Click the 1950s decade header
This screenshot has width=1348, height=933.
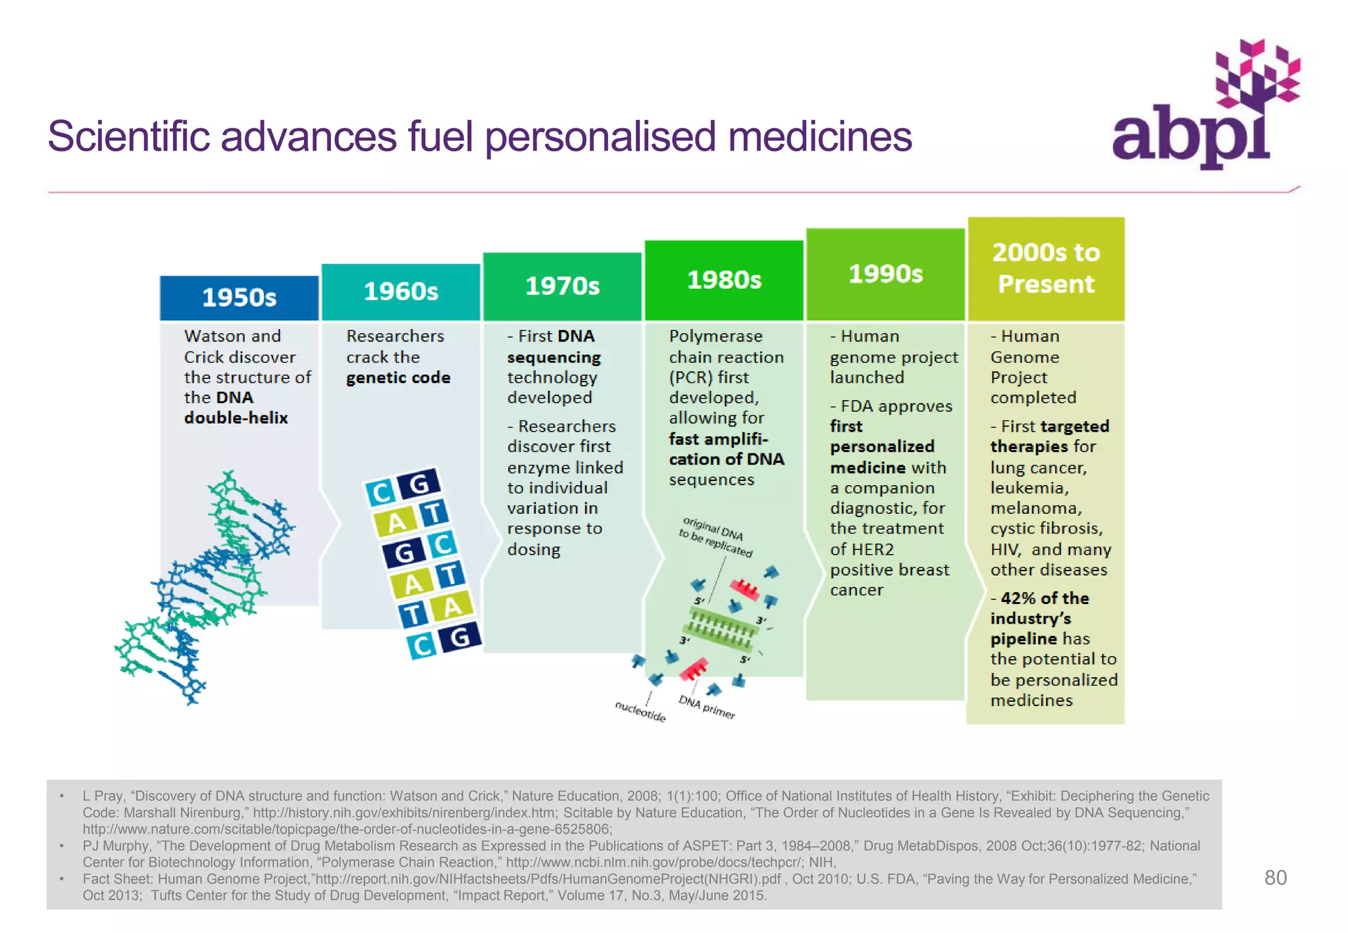(x=239, y=297)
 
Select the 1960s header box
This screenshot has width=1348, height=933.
(x=401, y=291)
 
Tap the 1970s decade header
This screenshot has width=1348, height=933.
(x=562, y=286)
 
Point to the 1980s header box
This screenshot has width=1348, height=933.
(x=724, y=280)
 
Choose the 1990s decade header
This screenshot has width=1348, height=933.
(x=885, y=274)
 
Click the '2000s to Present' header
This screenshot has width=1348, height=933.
(x=1046, y=268)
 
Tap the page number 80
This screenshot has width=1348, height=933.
(x=1275, y=877)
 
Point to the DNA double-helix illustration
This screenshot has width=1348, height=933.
(x=204, y=586)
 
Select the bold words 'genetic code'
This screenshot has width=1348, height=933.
(x=398, y=378)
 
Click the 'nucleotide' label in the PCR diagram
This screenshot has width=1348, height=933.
(x=640, y=711)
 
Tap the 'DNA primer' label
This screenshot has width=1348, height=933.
(x=707, y=707)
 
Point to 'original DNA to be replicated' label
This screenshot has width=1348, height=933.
(x=715, y=537)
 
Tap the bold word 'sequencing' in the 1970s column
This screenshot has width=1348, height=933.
(x=554, y=357)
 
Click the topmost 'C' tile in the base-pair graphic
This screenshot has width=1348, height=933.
(x=380, y=492)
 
